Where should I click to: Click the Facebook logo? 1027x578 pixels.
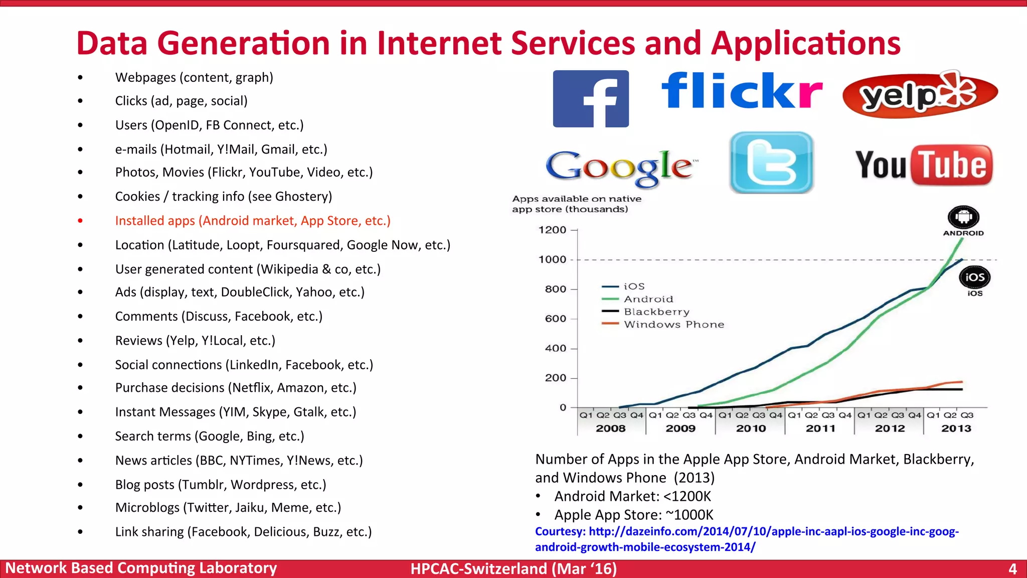click(591, 99)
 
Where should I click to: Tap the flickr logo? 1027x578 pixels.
click(742, 91)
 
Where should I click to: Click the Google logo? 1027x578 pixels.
click(621, 167)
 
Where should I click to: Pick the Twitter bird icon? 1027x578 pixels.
click(771, 163)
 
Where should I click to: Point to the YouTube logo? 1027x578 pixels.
click(924, 165)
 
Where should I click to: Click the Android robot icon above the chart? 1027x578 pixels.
click(963, 218)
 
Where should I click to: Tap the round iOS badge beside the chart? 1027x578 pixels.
click(975, 277)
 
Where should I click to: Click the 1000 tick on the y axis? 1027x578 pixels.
click(552, 259)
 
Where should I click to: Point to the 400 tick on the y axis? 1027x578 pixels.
click(555, 348)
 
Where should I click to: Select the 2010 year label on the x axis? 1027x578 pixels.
click(751, 428)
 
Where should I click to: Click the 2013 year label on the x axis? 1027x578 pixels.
click(956, 428)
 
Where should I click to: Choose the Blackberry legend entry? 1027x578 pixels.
click(656, 312)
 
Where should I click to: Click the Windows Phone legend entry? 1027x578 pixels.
click(673, 325)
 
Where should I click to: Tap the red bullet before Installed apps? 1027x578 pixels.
click(80, 221)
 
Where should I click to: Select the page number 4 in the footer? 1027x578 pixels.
click(1012, 569)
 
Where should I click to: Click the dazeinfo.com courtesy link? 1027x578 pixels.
click(747, 539)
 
